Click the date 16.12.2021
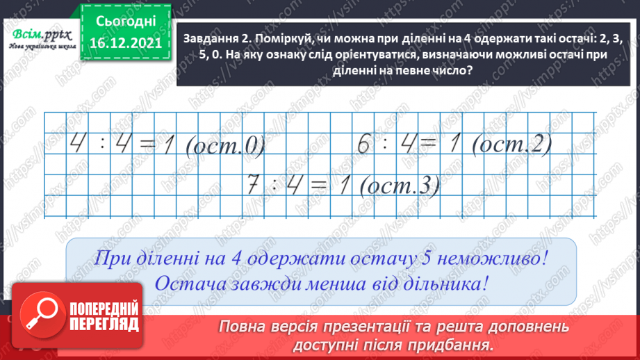[x=124, y=42]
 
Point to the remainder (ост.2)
[x=510, y=145]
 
